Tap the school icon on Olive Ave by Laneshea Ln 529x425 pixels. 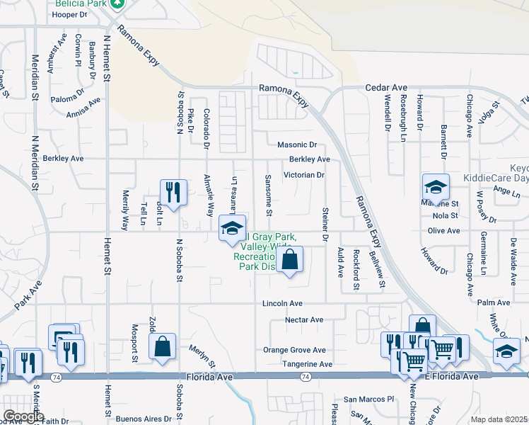[x=231, y=227]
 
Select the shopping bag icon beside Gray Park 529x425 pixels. [x=289, y=259]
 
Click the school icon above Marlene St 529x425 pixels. [x=436, y=187]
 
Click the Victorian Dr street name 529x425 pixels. [x=303, y=174]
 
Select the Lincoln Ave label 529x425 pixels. [x=283, y=303]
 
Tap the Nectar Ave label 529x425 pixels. [x=304, y=320]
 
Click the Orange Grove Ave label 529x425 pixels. [x=294, y=350]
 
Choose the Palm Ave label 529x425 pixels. [x=494, y=302]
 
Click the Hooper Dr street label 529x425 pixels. [x=70, y=14]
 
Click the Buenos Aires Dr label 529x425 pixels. [x=143, y=419]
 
